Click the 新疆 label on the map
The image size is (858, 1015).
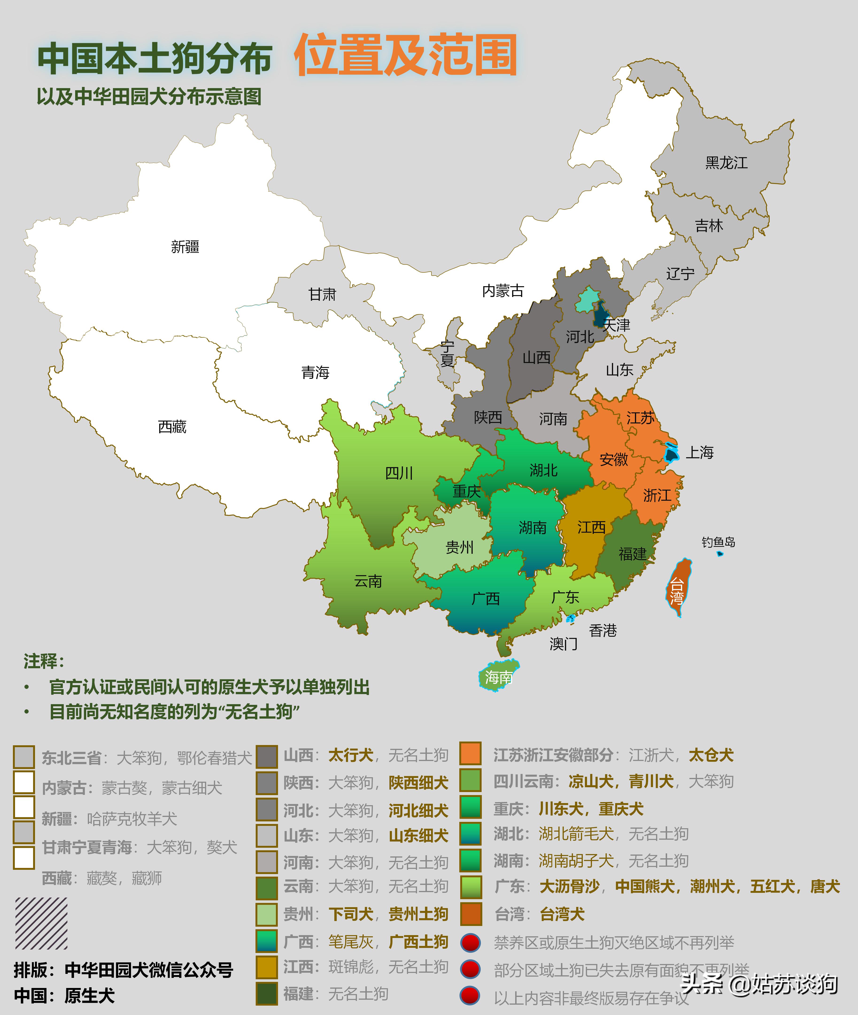click(x=185, y=247)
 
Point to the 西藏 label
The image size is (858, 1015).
click(x=172, y=427)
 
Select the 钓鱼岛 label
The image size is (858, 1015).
click(x=718, y=542)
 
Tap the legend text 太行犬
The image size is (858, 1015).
click(x=351, y=755)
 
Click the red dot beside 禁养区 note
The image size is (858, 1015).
click(x=470, y=942)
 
